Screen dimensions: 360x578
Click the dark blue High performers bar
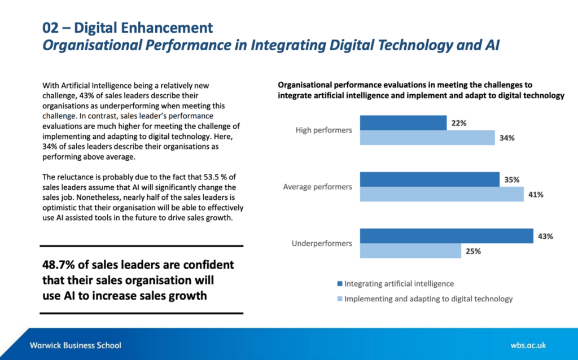click(403, 122)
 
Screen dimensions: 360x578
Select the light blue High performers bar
click(427, 138)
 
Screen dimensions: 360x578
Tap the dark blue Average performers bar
click(430, 179)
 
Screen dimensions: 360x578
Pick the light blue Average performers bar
click(442, 195)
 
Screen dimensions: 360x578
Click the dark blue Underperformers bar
click(446, 236)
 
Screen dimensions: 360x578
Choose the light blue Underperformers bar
click(410, 251)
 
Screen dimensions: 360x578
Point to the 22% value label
click(458, 123)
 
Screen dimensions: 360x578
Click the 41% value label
click(536, 195)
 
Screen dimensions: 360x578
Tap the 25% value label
click(474, 251)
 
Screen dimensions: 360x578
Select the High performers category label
click(323, 130)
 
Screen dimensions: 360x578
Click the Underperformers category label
click(322, 243)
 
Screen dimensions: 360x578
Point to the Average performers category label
click(317, 187)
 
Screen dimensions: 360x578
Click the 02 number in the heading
click(51, 28)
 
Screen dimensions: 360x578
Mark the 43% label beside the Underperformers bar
click(545, 236)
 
